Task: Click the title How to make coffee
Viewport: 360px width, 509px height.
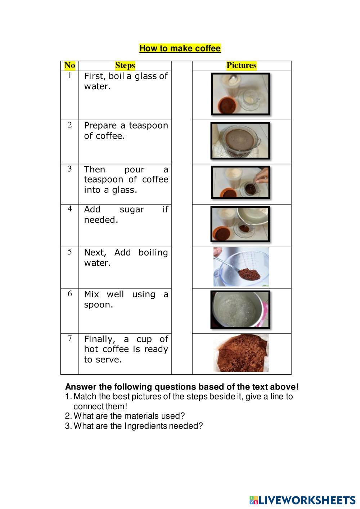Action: pyautogui.click(x=180, y=48)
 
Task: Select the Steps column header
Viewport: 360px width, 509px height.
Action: pyautogui.click(x=125, y=66)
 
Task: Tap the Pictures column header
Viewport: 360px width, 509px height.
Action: pyautogui.click(x=242, y=66)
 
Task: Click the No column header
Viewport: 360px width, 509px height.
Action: pyautogui.click(x=70, y=66)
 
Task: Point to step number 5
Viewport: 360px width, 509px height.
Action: pyautogui.click(x=70, y=252)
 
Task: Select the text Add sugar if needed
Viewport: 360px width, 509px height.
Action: pyautogui.click(x=126, y=215)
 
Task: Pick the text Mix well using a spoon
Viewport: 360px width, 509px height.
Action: pyautogui.click(x=126, y=299)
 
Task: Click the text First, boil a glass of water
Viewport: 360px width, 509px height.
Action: pyautogui.click(x=126, y=81)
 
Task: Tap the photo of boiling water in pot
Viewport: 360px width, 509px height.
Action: pyautogui.click(x=240, y=310)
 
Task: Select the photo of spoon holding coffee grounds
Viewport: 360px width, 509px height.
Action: pyautogui.click(x=241, y=267)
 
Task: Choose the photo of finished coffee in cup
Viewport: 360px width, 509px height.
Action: pyautogui.click(x=240, y=141)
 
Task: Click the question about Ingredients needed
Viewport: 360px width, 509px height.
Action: pyautogui.click(x=134, y=426)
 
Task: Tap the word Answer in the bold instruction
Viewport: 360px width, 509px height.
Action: pyautogui.click(x=78, y=387)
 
